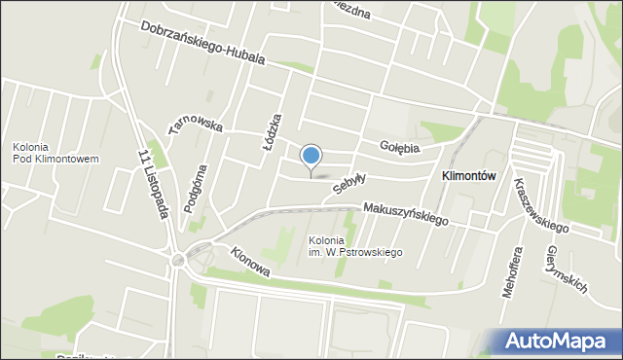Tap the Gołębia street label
[x=399, y=148]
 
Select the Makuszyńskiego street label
[x=406, y=213]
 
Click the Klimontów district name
[x=469, y=176]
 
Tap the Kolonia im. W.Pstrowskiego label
[x=355, y=246]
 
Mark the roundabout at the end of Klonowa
[x=179, y=260]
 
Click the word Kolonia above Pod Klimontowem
[x=32, y=147]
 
